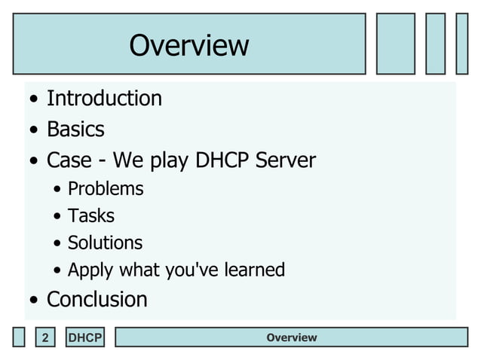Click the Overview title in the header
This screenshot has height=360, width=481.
188,45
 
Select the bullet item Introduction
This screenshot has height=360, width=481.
104,99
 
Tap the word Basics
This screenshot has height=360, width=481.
75,130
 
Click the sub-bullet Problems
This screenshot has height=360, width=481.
106,188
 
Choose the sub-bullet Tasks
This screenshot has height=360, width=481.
91,215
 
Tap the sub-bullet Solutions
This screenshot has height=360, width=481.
105,243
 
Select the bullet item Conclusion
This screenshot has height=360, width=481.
97,299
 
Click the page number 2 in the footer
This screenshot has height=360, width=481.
45,338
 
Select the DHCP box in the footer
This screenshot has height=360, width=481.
84,338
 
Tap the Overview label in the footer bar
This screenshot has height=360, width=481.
291,337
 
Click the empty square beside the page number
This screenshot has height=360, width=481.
19,337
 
